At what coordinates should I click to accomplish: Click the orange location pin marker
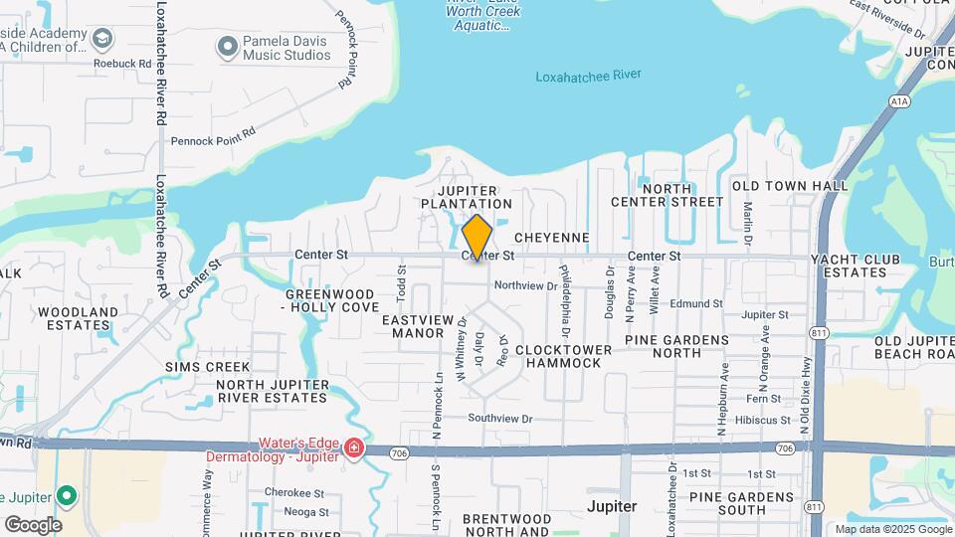[477, 237]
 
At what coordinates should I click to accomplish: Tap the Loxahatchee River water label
[588, 76]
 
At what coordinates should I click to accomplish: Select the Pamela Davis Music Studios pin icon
[228, 46]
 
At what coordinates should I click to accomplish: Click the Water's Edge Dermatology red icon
[353, 450]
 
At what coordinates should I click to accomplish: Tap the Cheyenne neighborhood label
[552, 239]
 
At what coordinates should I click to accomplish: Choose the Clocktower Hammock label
[558, 356]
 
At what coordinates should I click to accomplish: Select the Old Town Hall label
[790, 186]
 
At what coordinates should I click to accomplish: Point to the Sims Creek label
[207, 367]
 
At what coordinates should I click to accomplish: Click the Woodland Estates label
[78, 318]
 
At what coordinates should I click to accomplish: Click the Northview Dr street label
[525, 285]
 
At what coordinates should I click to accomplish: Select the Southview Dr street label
[500, 419]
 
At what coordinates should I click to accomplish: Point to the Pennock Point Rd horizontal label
[213, 140]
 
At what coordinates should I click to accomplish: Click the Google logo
[33, 525]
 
